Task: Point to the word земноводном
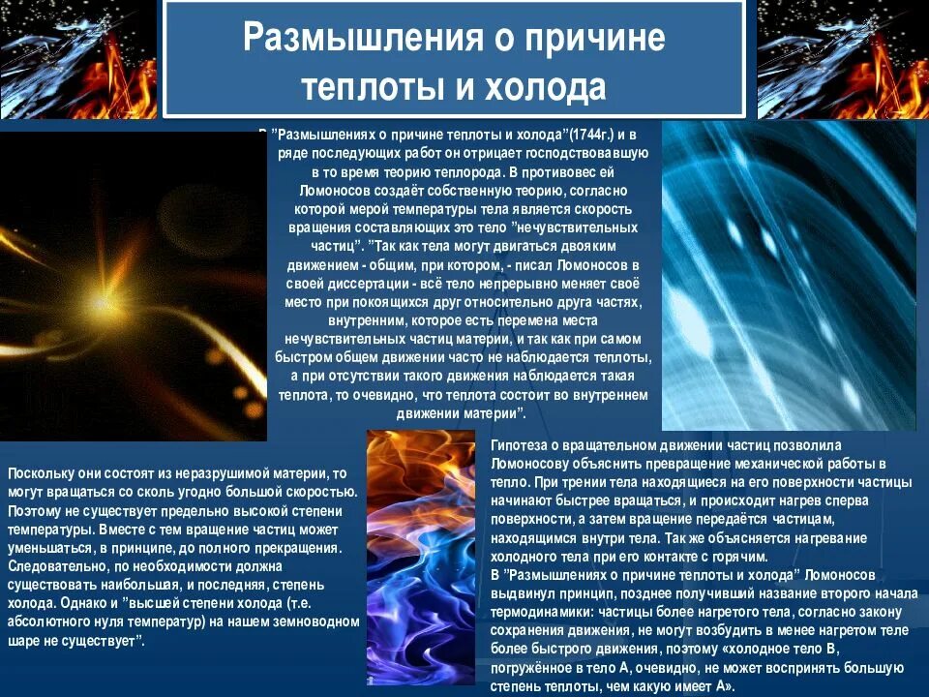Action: pos(313,622)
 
